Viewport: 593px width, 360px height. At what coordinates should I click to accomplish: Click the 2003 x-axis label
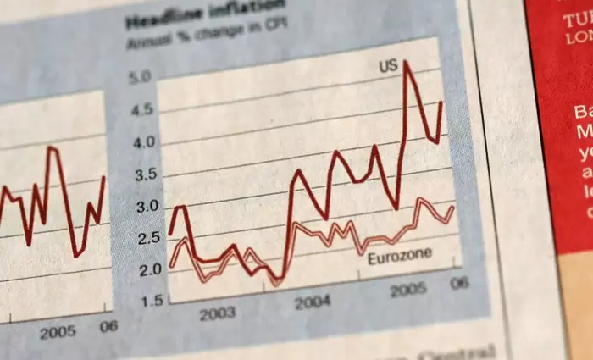coord(217,314)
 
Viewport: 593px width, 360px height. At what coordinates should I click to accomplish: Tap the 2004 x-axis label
coord(313,302)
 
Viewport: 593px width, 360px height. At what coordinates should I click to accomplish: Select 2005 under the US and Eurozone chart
coord(407,291)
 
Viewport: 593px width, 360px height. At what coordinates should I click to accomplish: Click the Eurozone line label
coord(400,255)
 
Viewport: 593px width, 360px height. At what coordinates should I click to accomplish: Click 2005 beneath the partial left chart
coord(57,331)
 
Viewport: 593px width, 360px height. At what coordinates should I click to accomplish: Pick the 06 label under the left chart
coord(106,326)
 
